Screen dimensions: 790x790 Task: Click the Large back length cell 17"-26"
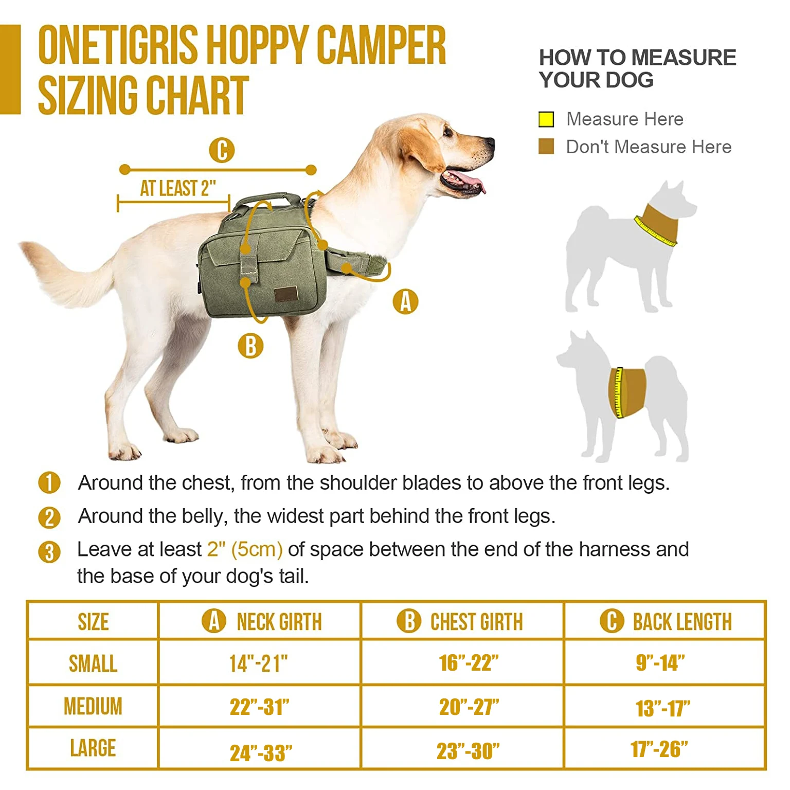[x=659, y=749]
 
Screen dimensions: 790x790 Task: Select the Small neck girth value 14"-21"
[x=259, y=663]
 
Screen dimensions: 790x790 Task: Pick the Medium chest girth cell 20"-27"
[x=469, y=707]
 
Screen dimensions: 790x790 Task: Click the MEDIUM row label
[x=93, y=706]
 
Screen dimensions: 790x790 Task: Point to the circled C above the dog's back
[x=222, y=150]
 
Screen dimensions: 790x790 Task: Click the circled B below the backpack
[x=250, y=346]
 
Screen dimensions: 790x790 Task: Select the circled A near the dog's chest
[x=405, y=301]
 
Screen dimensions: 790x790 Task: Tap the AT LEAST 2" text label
[x=178, y=188]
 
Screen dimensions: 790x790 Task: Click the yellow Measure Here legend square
[x=546, y=119]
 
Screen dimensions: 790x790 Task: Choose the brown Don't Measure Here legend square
[x=546, y=147]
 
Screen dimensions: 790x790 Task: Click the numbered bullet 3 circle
[x=49, y=552]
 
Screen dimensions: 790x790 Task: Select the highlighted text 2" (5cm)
[x=245, y=549]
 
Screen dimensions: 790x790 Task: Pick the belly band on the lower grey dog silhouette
[x=629, y=392]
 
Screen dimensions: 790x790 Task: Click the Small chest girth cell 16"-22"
[x=469, y=663]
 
